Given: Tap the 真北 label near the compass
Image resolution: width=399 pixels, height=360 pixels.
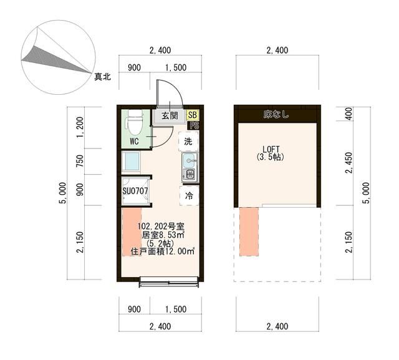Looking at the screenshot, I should coord(103,77).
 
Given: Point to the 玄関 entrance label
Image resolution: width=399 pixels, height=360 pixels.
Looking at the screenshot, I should coord(170,116).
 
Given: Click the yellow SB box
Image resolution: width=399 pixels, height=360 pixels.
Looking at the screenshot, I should coord(193,115).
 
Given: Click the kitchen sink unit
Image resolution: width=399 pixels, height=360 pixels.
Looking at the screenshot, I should coord(190,167).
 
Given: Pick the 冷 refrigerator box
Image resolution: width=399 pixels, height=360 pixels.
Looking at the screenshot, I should coord(189,195).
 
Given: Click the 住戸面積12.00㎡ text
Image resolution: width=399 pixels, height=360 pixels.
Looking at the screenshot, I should coord(163,251).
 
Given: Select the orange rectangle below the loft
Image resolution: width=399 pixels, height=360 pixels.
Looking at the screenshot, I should coord(248,231).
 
